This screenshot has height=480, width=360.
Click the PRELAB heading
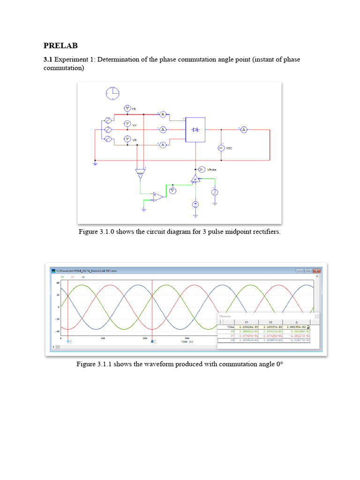60,46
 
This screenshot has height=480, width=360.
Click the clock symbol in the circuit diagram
112,93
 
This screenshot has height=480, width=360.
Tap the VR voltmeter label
134,109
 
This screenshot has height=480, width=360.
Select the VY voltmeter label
135,125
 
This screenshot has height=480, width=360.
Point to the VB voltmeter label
135,140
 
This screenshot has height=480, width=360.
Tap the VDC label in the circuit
229,148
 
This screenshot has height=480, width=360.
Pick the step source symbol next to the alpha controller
214,192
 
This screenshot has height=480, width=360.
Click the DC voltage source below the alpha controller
196,204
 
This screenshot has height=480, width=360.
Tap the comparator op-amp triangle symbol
158,196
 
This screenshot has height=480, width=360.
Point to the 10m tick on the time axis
103,338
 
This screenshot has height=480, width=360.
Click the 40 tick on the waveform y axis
58,283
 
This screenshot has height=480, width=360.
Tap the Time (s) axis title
187,342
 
